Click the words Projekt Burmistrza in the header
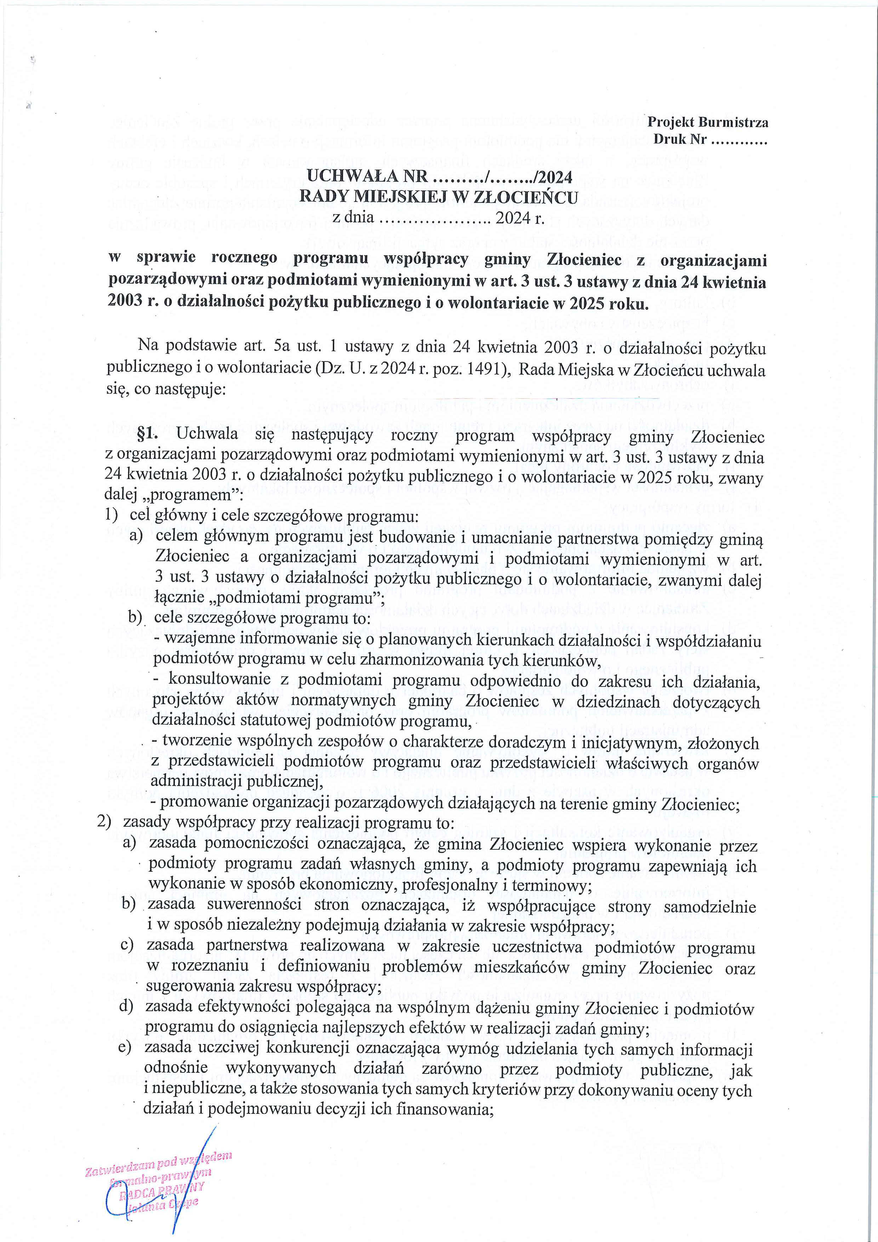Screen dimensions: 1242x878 pos(708,122)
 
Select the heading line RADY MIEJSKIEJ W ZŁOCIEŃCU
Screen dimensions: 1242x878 pos(438,196)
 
